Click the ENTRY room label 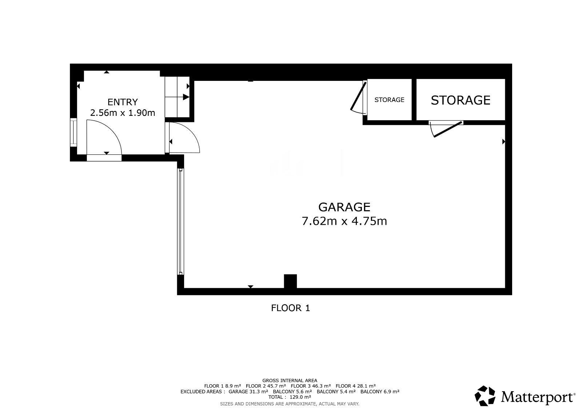point(122,102)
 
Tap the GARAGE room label point(344,207)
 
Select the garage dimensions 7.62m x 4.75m point(344,221)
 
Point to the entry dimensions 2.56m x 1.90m point(122,113)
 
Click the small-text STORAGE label point(389,100)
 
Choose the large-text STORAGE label point(461,100)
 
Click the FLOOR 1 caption point(291,308)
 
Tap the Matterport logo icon point(485,396)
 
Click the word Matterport point(537,397)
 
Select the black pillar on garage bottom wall point(290,281)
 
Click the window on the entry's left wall point(73,132)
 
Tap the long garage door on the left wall point(180,221)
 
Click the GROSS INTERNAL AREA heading point(290,381)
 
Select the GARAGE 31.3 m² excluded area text point(248,392)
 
